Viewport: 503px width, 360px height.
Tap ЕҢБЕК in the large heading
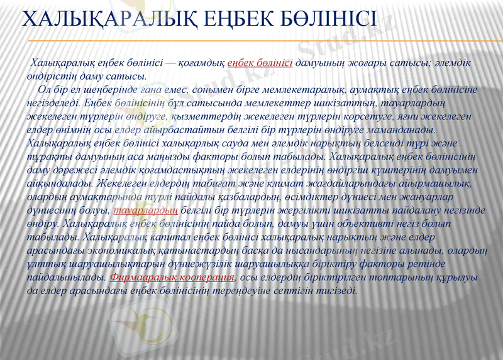240,21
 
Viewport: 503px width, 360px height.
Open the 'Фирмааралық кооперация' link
173,277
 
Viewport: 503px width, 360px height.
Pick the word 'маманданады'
402,129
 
